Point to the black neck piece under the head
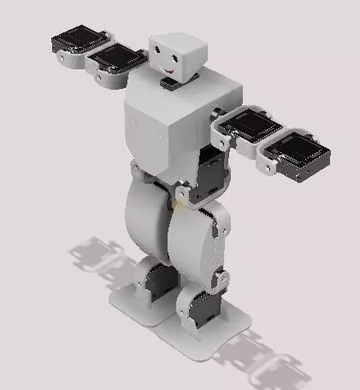pos(168,84)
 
